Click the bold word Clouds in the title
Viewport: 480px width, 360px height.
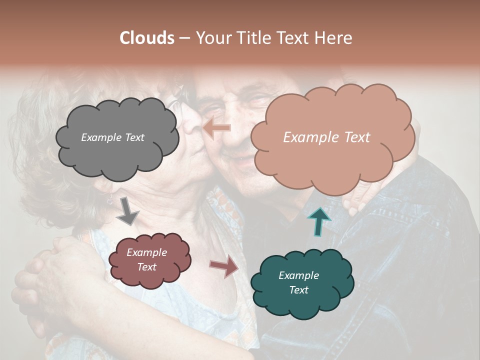(147, 38)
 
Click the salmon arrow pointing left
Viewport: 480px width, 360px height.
(217, 128)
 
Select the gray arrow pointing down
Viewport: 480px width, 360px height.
(127, 210)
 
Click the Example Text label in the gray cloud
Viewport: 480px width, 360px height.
(112, 137)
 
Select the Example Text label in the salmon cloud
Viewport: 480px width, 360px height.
(326, 137)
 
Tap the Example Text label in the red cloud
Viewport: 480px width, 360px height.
(146, 260)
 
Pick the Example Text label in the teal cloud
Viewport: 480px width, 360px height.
(298, 283)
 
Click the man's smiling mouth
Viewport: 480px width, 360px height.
(240, 161)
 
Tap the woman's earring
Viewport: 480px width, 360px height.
(108, 197)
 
